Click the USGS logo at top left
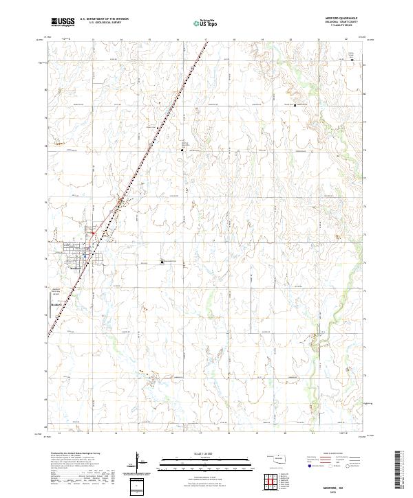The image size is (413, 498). (63, 22)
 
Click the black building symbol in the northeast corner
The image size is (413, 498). (352, 58)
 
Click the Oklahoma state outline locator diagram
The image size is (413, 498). (278, 459)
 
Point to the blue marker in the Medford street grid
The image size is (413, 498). (83, 256)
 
